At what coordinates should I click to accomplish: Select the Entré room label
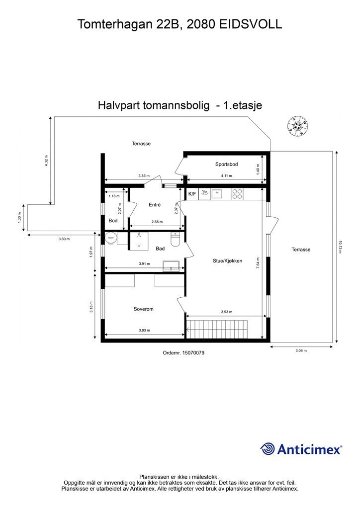coord(155,204)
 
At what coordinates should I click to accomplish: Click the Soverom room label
coord(143,309)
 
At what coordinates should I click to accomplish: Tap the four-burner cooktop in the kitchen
coord(237,194)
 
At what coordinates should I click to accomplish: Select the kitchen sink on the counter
coord(217,194)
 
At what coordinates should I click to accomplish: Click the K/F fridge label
coord(191,194)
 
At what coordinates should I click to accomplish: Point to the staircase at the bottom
coord(223,330)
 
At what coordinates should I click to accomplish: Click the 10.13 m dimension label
coord(341,247)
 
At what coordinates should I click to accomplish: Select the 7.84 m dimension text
coord(258,262)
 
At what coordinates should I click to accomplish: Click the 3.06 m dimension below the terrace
coord(301,350)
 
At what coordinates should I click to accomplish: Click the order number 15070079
coord(184,352)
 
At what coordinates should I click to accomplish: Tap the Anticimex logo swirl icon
coord(268,449)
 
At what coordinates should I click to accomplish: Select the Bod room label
coord(113,220)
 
